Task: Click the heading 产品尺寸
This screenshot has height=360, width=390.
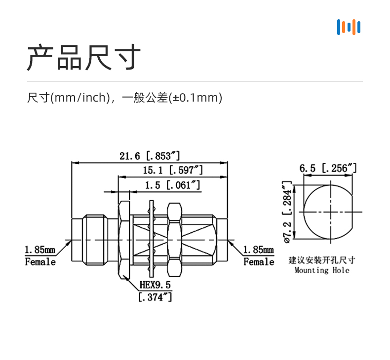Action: (x=83, y=58)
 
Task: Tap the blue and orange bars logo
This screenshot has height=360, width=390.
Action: (x=349, y=27)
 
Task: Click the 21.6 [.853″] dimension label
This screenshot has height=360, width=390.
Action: (x=150, y=156)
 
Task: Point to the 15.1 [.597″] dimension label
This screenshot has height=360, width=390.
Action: (x=173, y=171)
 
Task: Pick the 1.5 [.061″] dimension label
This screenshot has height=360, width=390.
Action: (x=172, y=185)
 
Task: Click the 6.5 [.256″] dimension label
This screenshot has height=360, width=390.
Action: (x=328, y=168)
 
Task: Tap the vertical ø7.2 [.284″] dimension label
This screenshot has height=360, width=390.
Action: (x=286, y=212)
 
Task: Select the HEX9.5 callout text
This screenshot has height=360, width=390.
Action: (x=155, y=285)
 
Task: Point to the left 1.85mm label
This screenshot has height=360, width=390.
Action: (x=40, y=251)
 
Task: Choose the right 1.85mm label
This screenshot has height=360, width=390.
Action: (x=258, y=251)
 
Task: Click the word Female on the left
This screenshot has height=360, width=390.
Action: (x=40, y=262)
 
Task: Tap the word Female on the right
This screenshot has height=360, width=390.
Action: (x=258, y=262)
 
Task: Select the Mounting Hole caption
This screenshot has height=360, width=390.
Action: (x=321, y=270)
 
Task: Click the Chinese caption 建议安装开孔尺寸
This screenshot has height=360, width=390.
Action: (x=321, y=260)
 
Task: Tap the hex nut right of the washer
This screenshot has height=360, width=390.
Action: (x=173, y=239)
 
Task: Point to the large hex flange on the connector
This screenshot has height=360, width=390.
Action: (x=124, y=239)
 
